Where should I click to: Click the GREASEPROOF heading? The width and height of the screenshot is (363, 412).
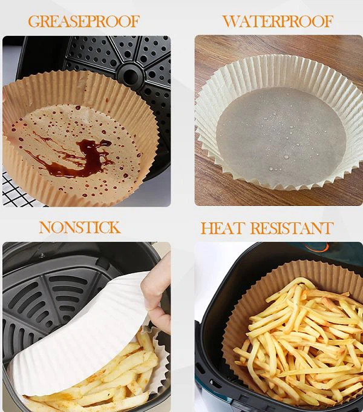(83, 21)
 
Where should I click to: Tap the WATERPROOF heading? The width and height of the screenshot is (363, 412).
(278, 21)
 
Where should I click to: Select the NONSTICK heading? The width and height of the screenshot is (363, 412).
(80, 228)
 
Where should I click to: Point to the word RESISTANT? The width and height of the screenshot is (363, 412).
(292, 228)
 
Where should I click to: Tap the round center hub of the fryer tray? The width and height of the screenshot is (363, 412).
(130, 76)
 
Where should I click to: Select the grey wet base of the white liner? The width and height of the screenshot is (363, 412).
(281, 137)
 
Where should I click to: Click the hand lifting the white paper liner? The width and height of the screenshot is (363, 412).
(157, 291)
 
